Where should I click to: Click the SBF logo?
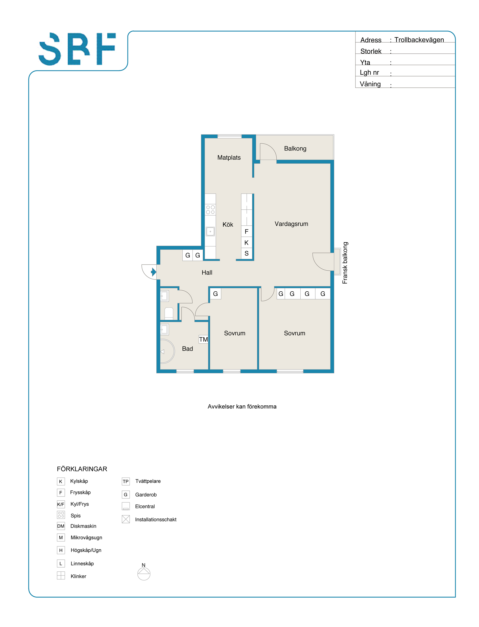77,49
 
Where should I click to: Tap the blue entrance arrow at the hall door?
154,272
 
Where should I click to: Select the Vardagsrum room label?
291,224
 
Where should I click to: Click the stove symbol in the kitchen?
210,210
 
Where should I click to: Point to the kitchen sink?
210,231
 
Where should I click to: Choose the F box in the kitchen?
247,231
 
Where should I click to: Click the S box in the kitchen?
247,253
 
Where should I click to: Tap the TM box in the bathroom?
203,339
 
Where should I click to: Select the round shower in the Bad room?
167,351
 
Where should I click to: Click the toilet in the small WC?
169,313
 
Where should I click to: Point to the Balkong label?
295,148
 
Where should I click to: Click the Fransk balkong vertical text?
345,263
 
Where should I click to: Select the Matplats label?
229,158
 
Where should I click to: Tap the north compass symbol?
144,573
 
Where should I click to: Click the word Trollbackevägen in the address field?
419,40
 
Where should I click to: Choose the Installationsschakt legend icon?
126,519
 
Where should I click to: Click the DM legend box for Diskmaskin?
61,526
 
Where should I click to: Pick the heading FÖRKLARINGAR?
82,469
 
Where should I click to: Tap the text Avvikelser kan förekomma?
242,406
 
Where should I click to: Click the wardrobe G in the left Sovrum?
215,294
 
